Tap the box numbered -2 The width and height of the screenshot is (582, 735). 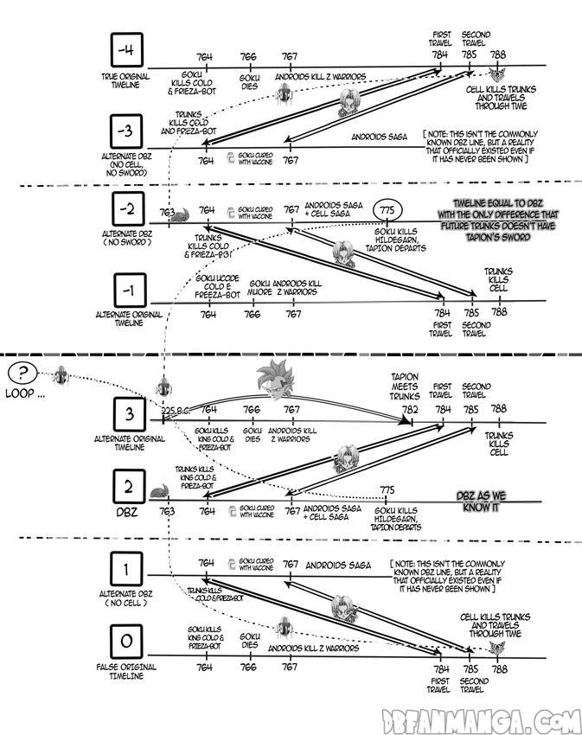[129, 211]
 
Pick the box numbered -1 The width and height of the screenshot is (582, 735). [129, 291]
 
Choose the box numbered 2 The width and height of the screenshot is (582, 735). [129, 490]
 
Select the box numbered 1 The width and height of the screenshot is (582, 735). [129, 571]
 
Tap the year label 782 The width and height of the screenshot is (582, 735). [411, 408]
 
